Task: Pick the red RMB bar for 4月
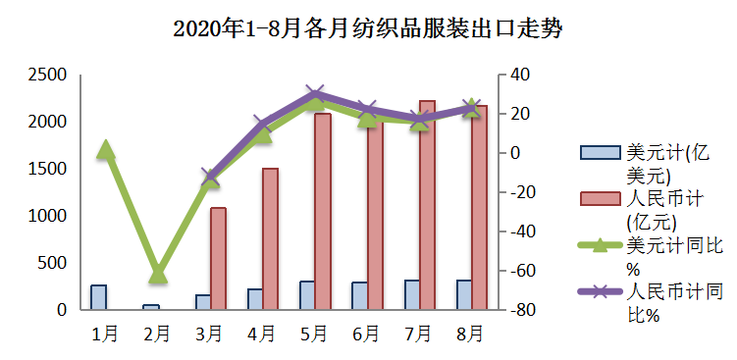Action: (x=270, y=238)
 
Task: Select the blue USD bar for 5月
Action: (x=307, y=295)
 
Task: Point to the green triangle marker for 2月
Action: (x=158, y=275)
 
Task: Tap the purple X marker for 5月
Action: (x=315, y=95)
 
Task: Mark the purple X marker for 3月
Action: (x=210, y=178)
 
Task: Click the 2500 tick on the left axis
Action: (x=47, y=75)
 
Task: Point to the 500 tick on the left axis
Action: (x=54, y=263)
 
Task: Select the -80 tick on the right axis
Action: (x=521, y=310)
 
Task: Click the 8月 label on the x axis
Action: (x=470, y=334)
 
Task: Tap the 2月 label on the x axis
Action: (x=157, y=334)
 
